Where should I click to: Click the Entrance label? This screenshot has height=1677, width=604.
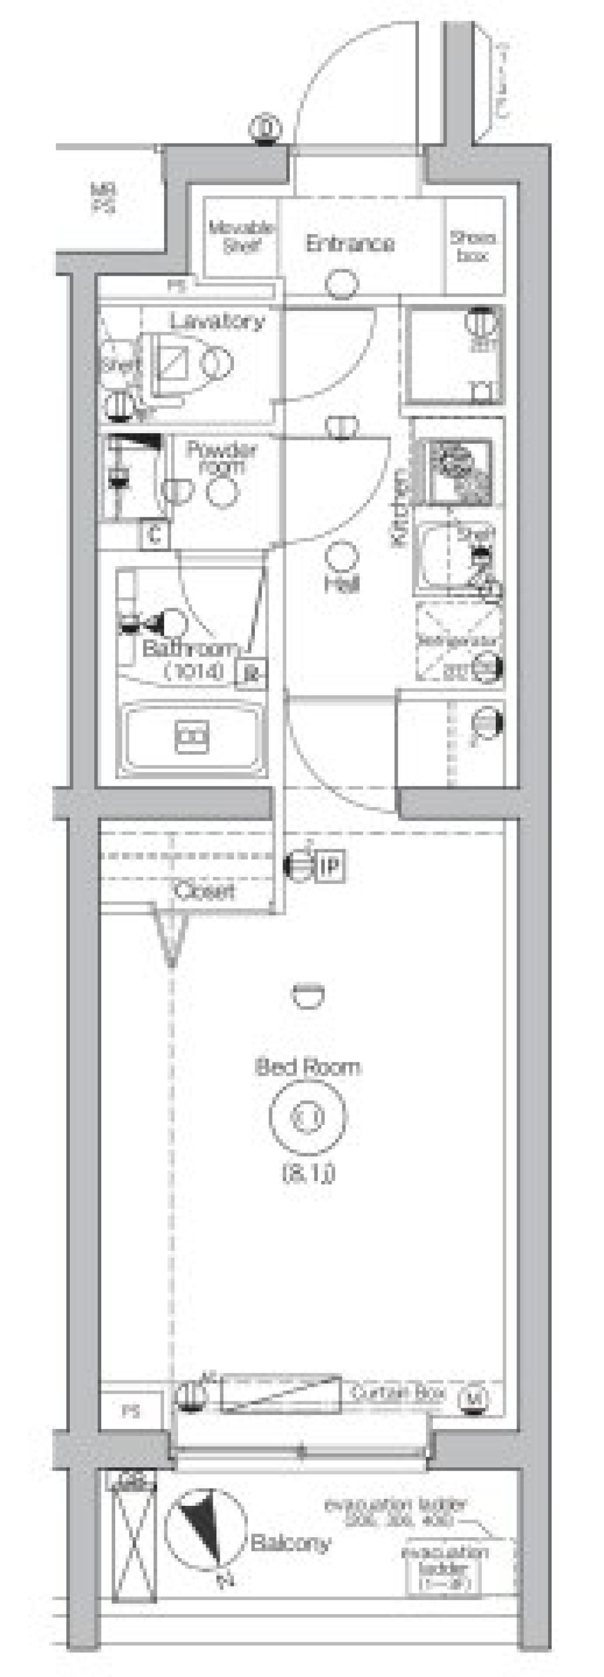(x=350, y=244)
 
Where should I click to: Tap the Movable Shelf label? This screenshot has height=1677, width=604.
(x=242, y=237)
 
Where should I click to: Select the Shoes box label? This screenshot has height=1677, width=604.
(x=473, y=247)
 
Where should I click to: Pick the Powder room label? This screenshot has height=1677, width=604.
(x=222, y=458)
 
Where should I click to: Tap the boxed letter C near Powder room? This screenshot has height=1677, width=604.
(x=154, y=535)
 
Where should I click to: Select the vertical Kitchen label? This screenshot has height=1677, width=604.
(x=399, y=507)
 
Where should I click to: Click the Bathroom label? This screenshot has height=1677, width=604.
(x=189, y=648)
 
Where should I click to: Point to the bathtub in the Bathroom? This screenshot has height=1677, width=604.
(x=192, y=738)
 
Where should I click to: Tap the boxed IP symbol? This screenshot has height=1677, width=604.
(x=331, y=866)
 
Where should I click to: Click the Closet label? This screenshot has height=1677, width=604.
(x=204, y=891)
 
